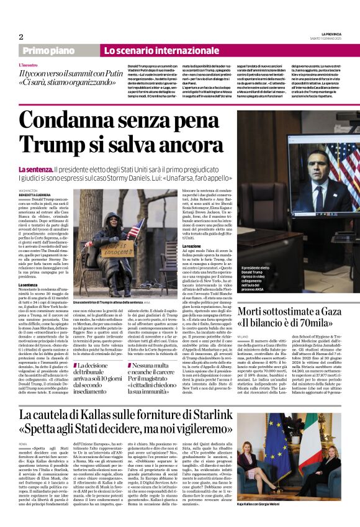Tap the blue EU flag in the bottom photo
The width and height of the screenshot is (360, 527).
(268, 435)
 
